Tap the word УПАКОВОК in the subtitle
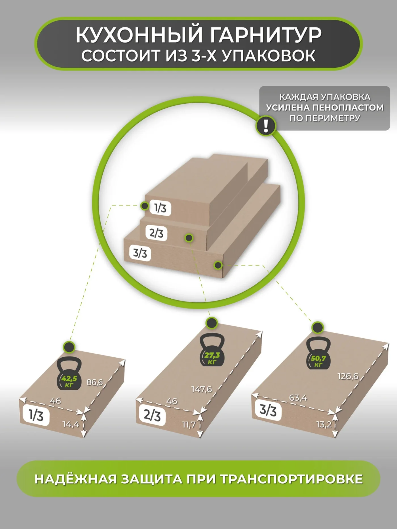click(x=268, y=56)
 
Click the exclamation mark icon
click(x=266, y=126)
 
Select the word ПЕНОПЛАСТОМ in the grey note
click(x=348, y=108)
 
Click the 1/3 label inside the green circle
click(x=160, y=208)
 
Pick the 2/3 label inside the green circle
click(x=156, y=233)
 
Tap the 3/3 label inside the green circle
click(x=140, y=253)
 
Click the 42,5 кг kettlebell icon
click(x=69, y=373)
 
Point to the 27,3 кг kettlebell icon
click(x=212, y=350)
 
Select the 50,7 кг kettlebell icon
click(x=318, y=353)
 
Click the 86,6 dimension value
click(x=95, y=383)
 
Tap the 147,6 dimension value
click(x=202, y=389)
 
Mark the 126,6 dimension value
click(x=348, y=376)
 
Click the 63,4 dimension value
click(x=298, y=398)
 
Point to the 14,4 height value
click(x=71, y=424)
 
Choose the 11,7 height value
click(x=189, y=425)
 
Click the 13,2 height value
click(x=324, y=424)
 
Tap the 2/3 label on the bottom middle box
click(x=152, y=415)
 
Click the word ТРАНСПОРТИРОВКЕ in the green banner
click(x=292, y=479)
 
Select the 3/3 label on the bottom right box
click(x=268, y=410)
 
